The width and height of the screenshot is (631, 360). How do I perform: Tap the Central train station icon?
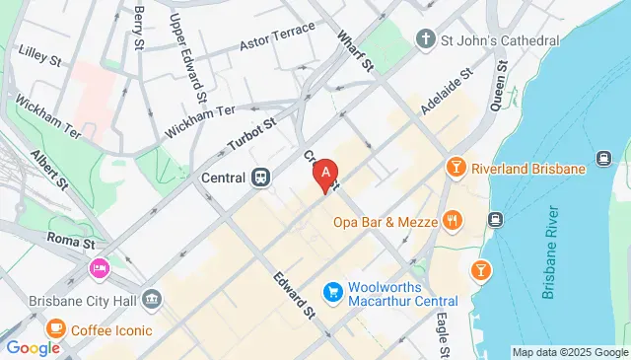tap(260, 178)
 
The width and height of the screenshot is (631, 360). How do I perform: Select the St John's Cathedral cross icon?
tap(426, 40)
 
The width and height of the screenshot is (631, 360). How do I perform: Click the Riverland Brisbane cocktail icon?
tap(456, 169)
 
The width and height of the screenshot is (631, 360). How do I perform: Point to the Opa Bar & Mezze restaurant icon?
tap(453, 221)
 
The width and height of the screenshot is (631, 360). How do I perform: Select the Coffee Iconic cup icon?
tap(56, 329)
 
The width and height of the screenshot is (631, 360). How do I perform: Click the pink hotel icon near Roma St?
tap(100, 267)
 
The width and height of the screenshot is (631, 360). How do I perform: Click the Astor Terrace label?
tap(283, 34)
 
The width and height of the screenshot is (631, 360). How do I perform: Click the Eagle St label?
tap(444, 336)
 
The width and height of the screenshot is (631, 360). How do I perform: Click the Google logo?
tap(33, 347)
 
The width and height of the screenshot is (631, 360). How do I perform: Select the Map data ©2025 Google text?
tap(569, 352)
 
